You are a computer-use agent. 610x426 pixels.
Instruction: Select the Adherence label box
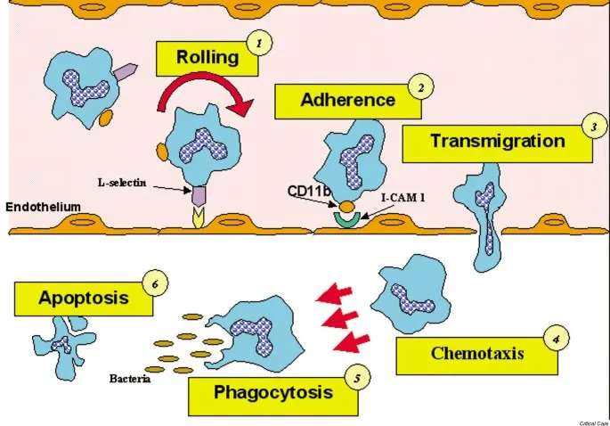346,100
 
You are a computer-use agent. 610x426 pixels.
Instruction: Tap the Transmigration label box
496,142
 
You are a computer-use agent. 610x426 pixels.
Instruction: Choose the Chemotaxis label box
477,353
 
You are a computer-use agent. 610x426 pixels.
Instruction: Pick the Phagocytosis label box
272,393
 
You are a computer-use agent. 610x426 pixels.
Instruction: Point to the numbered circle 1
258,43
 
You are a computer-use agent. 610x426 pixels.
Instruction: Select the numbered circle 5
356,378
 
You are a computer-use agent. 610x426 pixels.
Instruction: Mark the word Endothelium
44,207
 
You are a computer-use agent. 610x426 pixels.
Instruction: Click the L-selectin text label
125,183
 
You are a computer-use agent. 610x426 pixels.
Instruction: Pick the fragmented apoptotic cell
62,341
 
